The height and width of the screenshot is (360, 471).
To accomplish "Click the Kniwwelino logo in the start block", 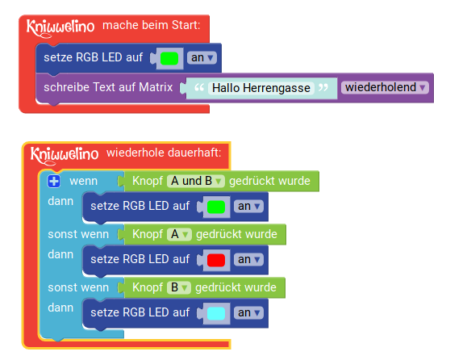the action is [x=60, y=28].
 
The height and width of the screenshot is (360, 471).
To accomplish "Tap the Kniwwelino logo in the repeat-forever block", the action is [x=65, y=156].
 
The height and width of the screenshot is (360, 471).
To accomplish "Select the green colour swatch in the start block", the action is [x=169, y=58].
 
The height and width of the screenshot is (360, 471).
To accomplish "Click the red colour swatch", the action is [x=216, y=260].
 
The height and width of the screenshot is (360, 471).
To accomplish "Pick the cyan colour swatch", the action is [x=216, y=313].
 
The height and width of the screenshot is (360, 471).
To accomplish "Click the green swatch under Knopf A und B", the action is [x=216, y=207].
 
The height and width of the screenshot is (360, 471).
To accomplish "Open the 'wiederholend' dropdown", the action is [x=385, y=87].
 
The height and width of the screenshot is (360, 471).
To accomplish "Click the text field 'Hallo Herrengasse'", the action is [x=261, y=88].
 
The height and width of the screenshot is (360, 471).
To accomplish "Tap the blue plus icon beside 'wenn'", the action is [x=54, y=182].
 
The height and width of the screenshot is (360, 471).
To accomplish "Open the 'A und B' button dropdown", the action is [x=196, y=181].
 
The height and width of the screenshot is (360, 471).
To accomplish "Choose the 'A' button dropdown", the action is [x=179, y=234].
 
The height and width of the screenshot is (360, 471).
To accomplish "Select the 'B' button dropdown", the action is [x=179, y=287].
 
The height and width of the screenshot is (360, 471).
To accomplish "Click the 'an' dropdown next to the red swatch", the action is [x=248, y=260].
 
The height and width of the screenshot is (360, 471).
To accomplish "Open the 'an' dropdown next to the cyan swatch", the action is [x=248, y=313].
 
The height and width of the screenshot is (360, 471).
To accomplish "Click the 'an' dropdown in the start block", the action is [x=202, y=57].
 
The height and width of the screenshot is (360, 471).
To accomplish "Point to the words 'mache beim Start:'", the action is [x=152, y=25].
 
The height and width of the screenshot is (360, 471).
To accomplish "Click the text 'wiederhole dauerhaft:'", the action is [x=164, y=153].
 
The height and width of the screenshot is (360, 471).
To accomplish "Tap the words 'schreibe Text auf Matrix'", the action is [x=108, y=87].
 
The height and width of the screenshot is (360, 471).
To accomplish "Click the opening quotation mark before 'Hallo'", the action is [x=199, y=87].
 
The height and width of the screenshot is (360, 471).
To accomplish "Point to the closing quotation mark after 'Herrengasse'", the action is [x=323, y=87].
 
